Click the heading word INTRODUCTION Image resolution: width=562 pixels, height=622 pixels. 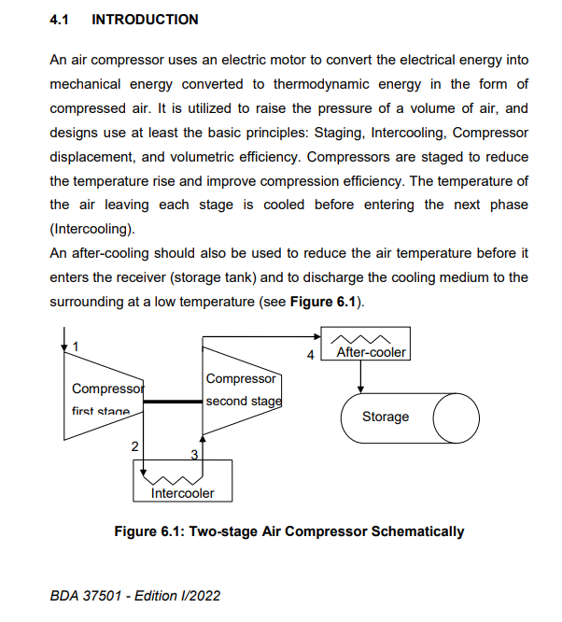tap(145, 19)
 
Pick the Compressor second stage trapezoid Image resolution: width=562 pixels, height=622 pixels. tap(241, 390)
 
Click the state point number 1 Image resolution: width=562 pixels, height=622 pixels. tap(77, 346)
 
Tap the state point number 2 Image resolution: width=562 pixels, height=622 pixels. tap(135, 447)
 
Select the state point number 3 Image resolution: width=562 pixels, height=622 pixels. tap(195, 454)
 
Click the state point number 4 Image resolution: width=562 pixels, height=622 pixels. tap(311, 355)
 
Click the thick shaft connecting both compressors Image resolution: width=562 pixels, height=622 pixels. tap(172, 402)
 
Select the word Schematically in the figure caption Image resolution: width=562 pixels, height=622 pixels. tap(417, 531)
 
